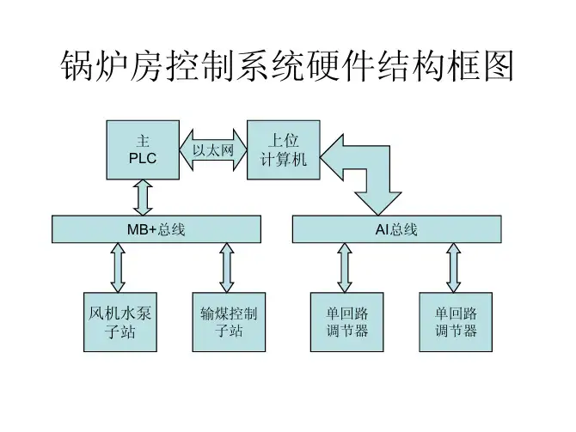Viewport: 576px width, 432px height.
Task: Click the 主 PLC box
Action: [143, 150]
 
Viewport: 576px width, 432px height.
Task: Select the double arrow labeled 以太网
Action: [213, 151]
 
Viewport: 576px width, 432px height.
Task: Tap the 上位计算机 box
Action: [283, 150]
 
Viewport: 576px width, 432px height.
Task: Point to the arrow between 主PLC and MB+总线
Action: [143, 198]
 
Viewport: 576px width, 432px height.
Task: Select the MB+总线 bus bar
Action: [156, 229]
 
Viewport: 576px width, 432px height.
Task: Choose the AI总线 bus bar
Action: [396, 229]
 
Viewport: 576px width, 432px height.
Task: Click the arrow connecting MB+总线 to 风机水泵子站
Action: [118, 268]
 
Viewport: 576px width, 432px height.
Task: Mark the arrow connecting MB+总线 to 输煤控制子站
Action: [227, 268]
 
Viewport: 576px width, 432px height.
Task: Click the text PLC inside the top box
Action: [143, 159]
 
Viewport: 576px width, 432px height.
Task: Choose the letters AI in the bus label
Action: [382, 230]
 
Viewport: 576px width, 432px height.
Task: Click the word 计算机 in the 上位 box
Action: [283, 160]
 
